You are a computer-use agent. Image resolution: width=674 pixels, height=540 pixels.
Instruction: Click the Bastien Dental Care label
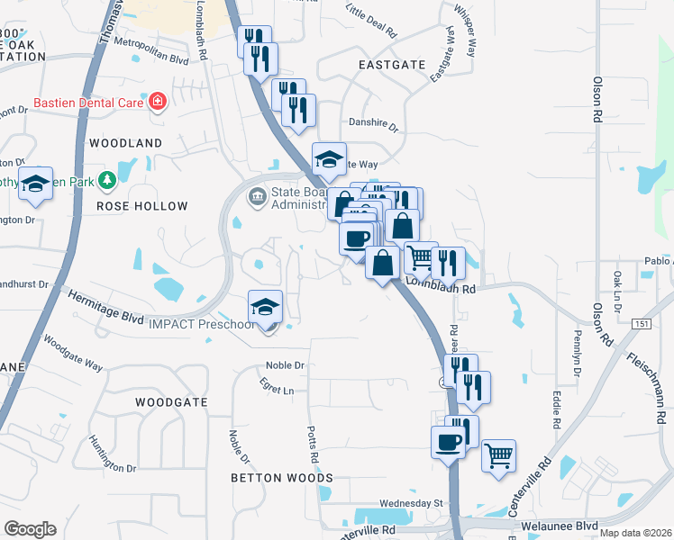(x=88, y=103)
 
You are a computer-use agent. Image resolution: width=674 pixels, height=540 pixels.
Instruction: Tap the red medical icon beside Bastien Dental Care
(x=158, y=102)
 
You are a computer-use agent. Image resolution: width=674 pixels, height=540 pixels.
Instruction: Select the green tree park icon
(x=107, y=181)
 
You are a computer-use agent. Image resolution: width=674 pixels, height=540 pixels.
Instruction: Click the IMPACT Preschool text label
(x=201, y=324)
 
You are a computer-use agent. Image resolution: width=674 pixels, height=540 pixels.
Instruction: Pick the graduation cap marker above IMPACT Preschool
(x=266, y=308)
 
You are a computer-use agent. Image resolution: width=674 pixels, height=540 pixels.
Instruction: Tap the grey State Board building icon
(x=257, y=195)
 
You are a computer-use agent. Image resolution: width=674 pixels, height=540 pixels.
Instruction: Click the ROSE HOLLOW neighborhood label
(x=142, y=206)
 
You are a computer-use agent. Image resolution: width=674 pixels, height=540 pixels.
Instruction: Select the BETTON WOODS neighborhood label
(x=282, y=478)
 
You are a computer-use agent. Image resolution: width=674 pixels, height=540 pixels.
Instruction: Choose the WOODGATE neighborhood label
(x=171, y=401)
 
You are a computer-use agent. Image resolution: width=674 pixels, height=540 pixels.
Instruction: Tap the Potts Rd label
(x=313, y=445)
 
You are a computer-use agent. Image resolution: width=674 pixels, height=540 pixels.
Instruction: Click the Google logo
(x=30, y=529)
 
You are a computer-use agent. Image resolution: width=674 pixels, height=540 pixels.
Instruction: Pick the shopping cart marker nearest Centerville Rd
(x=498, y=455)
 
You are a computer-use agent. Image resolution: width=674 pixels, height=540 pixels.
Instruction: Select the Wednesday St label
(x=412, y=502)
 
